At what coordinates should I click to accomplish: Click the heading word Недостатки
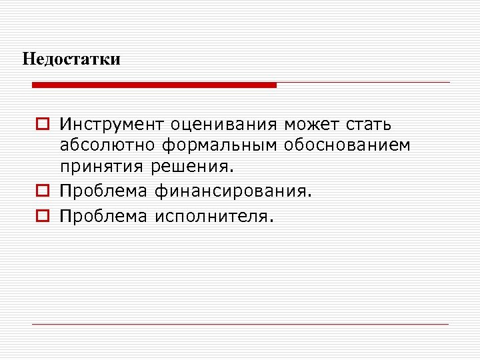(71, 59)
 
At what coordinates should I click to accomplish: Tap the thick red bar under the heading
(154, 85)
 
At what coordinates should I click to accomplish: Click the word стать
(369, 125)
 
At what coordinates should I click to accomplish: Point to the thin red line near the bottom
(241, 324)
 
